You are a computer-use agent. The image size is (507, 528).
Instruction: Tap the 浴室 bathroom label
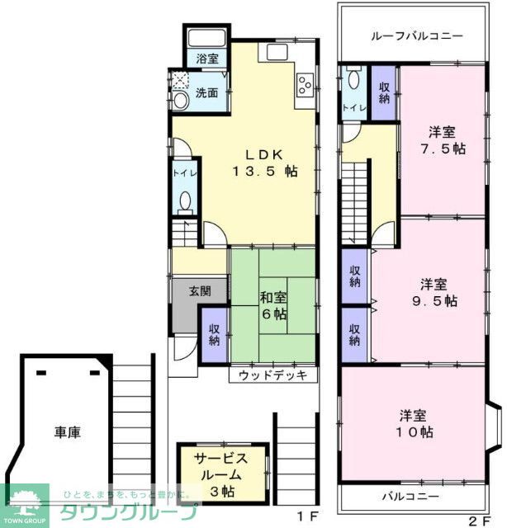pos(207,59)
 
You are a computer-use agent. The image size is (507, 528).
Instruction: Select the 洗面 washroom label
pos(207,92)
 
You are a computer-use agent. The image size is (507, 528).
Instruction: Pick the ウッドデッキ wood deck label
pos(272,375)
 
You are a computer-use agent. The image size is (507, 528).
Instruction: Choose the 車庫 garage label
pos(67,431)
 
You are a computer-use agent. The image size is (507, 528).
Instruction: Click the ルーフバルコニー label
pos(416,36)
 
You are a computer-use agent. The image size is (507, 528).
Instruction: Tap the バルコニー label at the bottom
pos(410,497)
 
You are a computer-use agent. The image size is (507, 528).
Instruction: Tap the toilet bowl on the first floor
pos(184,200)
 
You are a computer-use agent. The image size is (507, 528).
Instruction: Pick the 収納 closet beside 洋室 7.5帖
pos(385,92)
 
